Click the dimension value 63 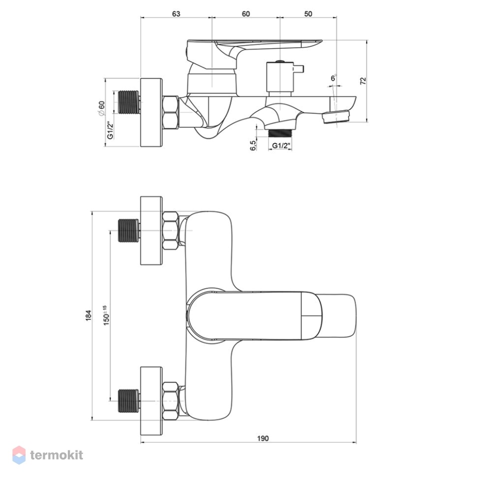click(176, 14)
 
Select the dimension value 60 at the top click(246, 14)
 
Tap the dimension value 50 click(308, 14)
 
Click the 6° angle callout click(334, 78)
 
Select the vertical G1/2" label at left click(110, 130)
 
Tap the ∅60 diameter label click(101, 109)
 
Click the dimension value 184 click(88, 316)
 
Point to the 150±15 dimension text click(106, 316)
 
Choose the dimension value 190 click(263, 438)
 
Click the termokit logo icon click(19, 455)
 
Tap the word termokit click(57, 455)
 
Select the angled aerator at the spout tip click(336, 117)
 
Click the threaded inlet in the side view click(129, 102)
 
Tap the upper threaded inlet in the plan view click(129, 231)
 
